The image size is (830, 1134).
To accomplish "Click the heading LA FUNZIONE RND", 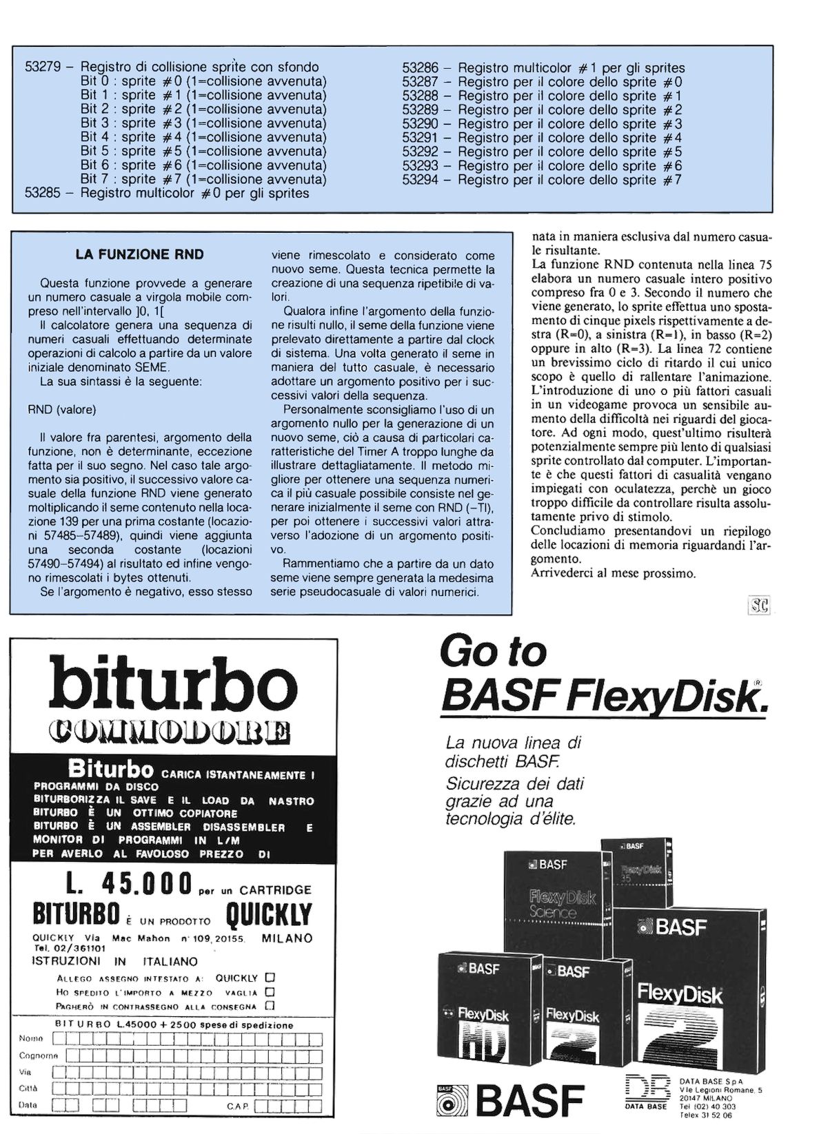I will pos(140,254).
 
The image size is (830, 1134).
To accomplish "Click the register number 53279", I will pos(44,68).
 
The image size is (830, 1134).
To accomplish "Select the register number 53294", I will pos(421,180).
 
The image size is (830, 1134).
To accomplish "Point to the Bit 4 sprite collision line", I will pos(203,137).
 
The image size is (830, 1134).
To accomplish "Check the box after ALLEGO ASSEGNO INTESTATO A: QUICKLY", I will pos(271,978).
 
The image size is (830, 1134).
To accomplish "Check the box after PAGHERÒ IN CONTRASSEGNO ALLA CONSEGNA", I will pos(271,1005).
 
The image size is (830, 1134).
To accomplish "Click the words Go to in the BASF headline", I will pos(493,651).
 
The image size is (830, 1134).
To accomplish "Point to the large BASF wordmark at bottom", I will pos(529,1100).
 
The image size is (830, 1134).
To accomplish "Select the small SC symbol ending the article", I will pos(759,606).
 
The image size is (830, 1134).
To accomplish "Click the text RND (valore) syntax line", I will pos(62,410).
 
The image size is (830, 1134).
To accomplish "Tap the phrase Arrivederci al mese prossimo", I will pos(614,573).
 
